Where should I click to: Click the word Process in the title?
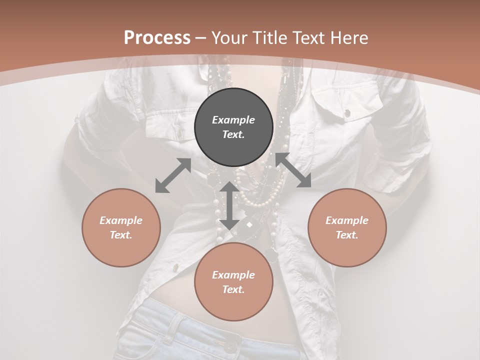pos(157,38)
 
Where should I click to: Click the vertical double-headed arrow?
pos(229,206)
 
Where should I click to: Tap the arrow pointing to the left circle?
pos(173,175)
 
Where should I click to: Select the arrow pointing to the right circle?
pos(293,170)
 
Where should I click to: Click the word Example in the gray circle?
pos(233,120)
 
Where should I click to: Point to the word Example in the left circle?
pos(121,220)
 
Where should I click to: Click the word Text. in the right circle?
pos(347,235)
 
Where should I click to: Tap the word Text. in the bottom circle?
pos(233,289)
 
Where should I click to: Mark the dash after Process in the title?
pos(201,38)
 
